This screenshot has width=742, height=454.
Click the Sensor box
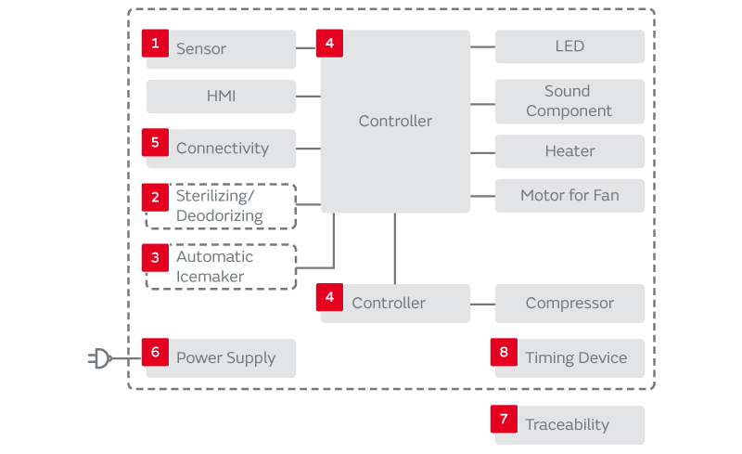221,49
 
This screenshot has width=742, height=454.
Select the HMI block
221,96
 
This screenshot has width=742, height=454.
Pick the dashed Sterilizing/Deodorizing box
221,206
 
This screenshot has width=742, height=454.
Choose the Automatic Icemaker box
221,266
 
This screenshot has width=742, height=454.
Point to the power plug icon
99,357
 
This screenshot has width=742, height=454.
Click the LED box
569,46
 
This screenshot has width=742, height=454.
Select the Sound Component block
569,101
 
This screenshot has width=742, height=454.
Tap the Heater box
569,151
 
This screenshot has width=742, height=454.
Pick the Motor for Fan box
569,196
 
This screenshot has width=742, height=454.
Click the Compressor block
569,304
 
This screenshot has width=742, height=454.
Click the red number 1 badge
155,43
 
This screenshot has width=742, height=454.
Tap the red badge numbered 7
504,419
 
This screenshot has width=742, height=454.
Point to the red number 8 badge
504,352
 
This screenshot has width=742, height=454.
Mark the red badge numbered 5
155,142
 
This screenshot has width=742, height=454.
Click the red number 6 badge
155,352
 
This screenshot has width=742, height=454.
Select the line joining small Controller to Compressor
482,304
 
